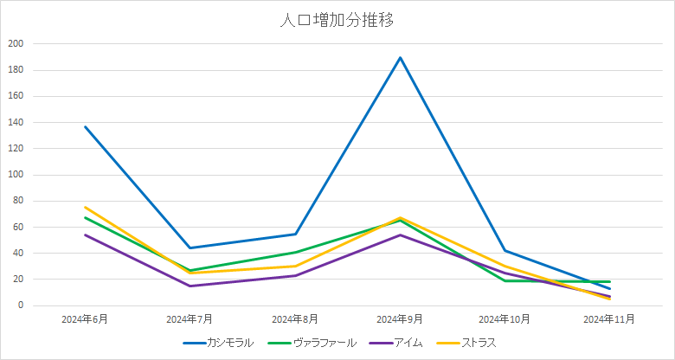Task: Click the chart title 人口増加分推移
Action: (x=337, y=20)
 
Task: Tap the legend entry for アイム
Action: (x=407, y=343)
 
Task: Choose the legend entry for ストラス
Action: (x=479, y=343)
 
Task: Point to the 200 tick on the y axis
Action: (x=16, y=43)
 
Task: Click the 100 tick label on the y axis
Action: (x=16, y=175)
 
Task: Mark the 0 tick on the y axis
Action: (x=21, y=305)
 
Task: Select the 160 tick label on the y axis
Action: (x=16, y=96)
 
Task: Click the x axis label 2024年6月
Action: (x=85, y=319)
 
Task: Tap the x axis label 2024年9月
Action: (x=400, y=319)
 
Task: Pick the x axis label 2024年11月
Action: (x=609, y=319)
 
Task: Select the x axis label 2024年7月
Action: (x=190, y=319)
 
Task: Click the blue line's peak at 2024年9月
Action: (x=400, y=57)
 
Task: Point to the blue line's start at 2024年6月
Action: (x=85, y=126)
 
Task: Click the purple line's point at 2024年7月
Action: (x=190, y=286)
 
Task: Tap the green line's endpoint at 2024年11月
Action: (x=609, y=282)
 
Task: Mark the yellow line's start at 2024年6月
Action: (x=85, y=207)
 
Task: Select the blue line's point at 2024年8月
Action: (x=295, y=235)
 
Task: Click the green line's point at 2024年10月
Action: (x=505, y=281)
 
